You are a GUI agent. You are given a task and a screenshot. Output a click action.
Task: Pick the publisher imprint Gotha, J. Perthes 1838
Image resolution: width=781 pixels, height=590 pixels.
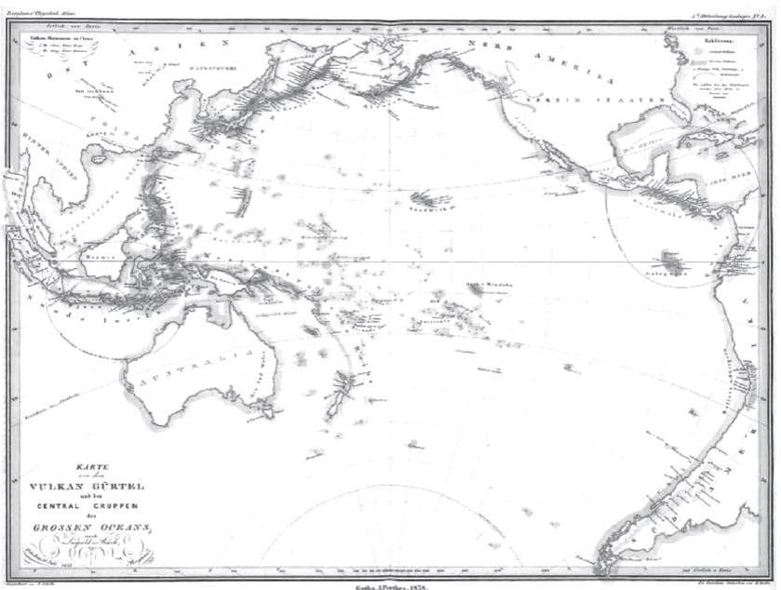(x=390, y=583)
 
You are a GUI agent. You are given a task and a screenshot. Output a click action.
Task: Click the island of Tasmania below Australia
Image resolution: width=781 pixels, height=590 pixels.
(x=249, y=419)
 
